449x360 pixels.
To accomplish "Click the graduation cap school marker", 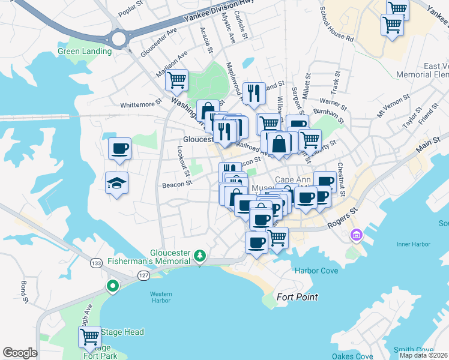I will pyautogui.click(x=117, y=183).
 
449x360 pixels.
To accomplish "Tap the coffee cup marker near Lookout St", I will pyautogui.click(x=119, y=148).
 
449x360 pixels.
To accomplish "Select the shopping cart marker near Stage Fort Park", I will pyautogui.click(x=89, y=337).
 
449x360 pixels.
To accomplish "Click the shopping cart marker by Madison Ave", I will pyautogui.click(x=176, y=79).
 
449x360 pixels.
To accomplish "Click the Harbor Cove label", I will pyautogui.click(x=316, y=271).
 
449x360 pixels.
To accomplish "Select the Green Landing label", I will pyautogui.click(x=85, y=51).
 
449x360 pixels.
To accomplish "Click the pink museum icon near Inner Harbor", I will pyautogui.click(x=358, y=234).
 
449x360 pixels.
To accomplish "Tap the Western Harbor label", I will pyautogui.click(x=160, y=297).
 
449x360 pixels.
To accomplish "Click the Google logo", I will pyautogui.click(x=20, y=353).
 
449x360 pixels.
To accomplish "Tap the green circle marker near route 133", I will pyautogui.click(x=112, y=286).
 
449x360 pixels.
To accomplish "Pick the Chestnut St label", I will pyautogui.click(x=340, y=179).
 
